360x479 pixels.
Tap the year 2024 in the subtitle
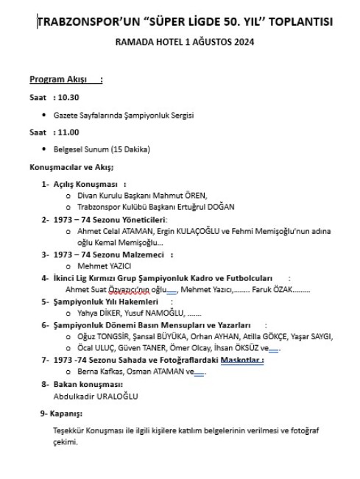pos(243,42)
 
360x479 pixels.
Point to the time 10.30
pos(67,97)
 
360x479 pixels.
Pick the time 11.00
pos(67,132)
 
